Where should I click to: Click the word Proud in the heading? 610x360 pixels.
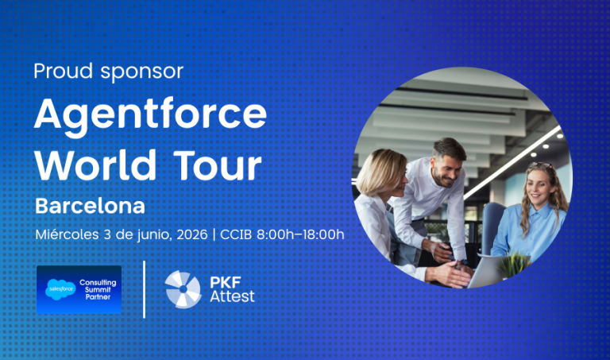(x=64, y=71)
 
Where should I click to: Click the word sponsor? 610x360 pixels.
(x=142, y=73)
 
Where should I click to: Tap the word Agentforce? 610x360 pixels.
(x=151, y=116)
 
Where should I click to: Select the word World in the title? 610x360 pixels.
(x=95, y=165)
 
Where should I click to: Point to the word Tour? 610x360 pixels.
(x=218, y=165)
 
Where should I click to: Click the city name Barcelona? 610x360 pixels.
(x=90, y=206)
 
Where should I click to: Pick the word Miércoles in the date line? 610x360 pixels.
(x=67, y=234)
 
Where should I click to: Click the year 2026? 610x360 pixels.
(x=191, y=234)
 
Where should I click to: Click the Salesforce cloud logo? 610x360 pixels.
(x=60, y=289)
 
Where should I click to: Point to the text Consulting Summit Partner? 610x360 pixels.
(x=98, y=289)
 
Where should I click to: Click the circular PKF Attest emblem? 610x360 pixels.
(x=183, y=289)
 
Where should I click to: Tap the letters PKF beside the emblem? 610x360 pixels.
(x=226, y=282)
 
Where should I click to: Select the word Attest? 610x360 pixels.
(x=232, y=296)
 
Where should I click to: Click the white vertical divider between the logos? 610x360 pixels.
(x=145, y=289)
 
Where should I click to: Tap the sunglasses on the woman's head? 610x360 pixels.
(x=540, y=165)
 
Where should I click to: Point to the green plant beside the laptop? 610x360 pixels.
(x=514, y=264)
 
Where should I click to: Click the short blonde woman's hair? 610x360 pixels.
(x=380, y=171)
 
